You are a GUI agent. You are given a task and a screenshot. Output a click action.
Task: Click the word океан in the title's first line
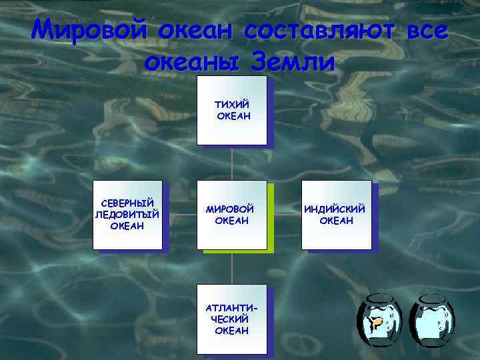(x=197, y=31)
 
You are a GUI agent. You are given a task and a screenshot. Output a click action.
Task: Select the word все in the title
(x=421, y=31)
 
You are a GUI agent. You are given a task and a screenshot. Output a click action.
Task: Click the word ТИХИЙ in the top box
(x=231, y=105)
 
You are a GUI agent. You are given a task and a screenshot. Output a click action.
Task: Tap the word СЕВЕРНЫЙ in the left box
(x=127, y=203)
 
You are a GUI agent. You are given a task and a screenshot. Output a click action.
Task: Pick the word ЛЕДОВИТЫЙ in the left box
(x=127, y=214)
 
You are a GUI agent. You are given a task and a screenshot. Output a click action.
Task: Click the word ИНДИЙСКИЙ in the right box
(x=335, y=209)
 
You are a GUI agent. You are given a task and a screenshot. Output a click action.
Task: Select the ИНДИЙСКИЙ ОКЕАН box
(x=336, y=230)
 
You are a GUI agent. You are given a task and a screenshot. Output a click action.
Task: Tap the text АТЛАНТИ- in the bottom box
(x=231, y=309)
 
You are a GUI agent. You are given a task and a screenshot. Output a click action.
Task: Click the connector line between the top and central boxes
(x=231, y=163)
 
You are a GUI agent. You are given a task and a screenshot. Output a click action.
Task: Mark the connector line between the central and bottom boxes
(x=231, y=267)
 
